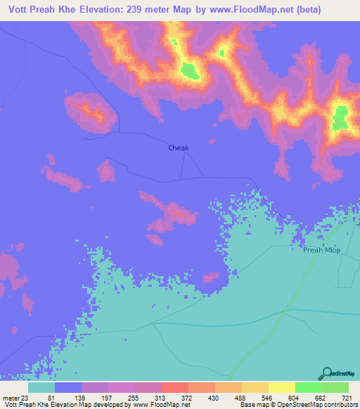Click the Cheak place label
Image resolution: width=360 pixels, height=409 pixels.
coord(179,148)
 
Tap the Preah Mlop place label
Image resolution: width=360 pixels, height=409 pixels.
coord(321,249)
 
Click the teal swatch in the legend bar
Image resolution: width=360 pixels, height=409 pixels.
coord(41,388)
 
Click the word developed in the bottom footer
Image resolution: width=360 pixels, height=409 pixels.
coord(110,405)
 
